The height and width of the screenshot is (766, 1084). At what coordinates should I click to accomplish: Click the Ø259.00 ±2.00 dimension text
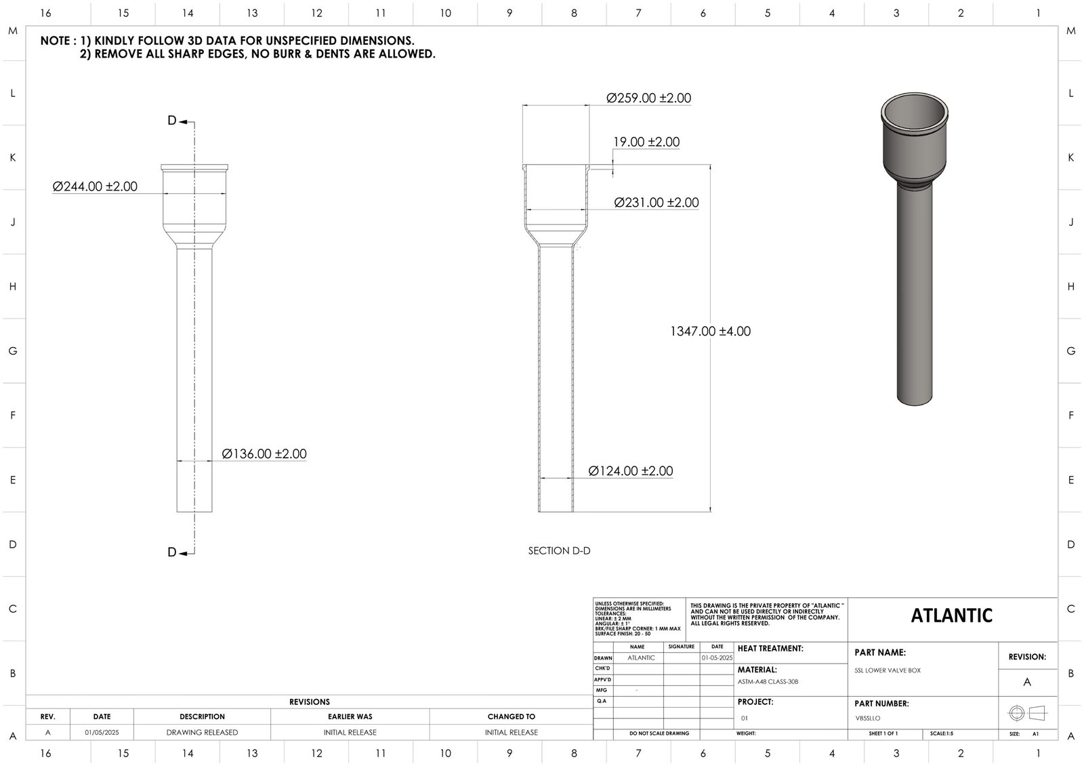pyautogui.click(x=648, y=98)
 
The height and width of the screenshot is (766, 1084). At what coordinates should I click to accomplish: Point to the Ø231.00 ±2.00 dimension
pyautogui.click(x=656, y=203)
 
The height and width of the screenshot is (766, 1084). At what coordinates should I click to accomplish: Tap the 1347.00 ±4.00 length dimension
pyautogui.click(x=710, y=331)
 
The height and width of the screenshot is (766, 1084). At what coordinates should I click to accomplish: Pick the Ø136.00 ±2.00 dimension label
pyautogui.click(x=264, y=454)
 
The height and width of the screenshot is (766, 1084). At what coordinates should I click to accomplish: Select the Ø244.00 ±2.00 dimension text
pyautogui.click(x=95, y=186)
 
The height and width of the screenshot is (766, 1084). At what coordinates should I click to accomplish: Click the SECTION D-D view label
pyautogui.click(x=559, y=551)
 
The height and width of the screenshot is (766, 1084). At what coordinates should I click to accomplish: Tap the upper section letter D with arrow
pyautogui.click(x=173, y=121)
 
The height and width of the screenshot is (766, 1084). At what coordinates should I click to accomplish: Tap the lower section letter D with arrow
pyautogui.click(x=173, y=552)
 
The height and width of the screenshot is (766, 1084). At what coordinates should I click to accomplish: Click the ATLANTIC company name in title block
pyautogui.click(x=951, y=616)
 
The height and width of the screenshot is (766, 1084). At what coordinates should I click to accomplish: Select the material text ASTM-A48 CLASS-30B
pyautogui.click(x=768, y=682)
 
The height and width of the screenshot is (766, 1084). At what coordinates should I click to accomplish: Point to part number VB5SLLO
pyautogui.click(x=868, y=718)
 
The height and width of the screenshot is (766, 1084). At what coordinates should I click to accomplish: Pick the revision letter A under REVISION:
pyautogui.click(x=1027, y=682)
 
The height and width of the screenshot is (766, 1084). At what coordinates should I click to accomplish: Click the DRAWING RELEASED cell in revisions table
pyautogui.click(x=202, y=733)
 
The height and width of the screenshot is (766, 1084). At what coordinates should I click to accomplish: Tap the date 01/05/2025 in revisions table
pyautogui.click(x=102, y=733)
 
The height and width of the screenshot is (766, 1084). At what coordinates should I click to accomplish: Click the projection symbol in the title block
pyautogui.click(x=1027, y=713)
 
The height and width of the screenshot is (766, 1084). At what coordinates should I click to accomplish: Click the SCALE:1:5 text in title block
pyautogui.click(x=941, y=734)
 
